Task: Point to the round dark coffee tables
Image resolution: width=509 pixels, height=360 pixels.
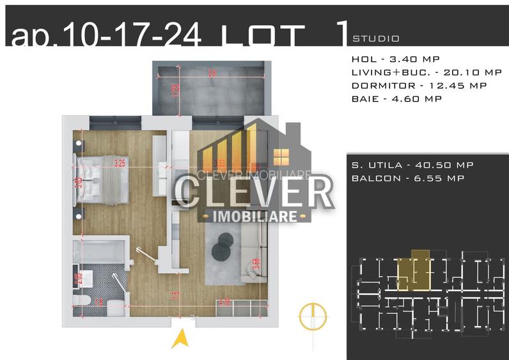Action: [224, 246]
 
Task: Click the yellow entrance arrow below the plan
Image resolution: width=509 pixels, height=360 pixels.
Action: [182, 337]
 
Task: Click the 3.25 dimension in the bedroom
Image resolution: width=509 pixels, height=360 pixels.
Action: [119, 163]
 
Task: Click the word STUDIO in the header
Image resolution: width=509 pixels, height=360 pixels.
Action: [376, 39]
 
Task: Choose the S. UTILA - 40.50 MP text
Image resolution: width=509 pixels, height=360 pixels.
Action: [412, 165]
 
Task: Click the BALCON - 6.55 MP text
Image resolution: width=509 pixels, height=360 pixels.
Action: [407, 178]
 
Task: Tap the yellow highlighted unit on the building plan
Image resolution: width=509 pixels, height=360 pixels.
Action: [412, 272]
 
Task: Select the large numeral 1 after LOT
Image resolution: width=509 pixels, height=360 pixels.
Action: [342, 32]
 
